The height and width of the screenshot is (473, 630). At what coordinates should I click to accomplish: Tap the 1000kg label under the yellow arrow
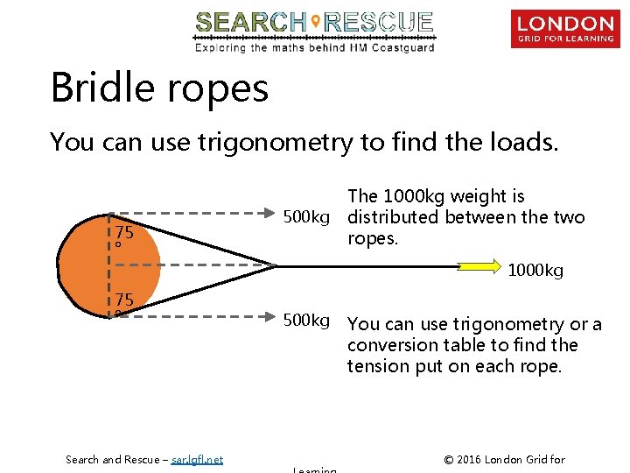(x=535, y=272)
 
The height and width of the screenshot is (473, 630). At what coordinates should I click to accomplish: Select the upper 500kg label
(x=306, y=216)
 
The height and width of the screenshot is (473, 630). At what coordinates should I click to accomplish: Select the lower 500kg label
(x=306, y=321)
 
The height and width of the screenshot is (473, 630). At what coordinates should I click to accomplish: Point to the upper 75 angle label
(x=123, y=233)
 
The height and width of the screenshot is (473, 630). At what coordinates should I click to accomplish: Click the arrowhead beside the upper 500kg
(x=270, y=211)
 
